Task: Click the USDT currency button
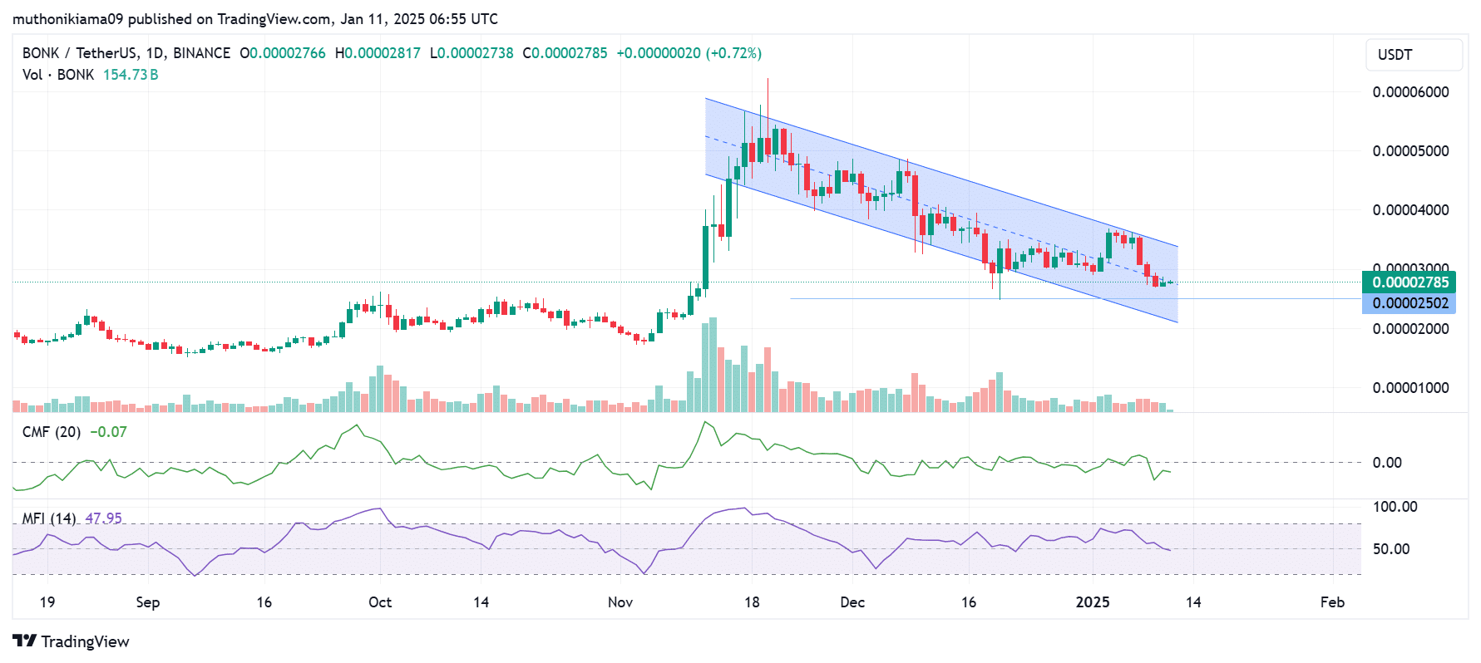click(x=1414, y=55)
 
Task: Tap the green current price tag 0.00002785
click(x=1409, y=282)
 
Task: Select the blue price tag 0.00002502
click(x=1409, y=303)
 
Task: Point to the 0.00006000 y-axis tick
click(x=1410, y=92)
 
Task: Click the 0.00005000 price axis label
click(x=1410, y=151)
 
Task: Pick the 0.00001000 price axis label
click(x=1410, y=388)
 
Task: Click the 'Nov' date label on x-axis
click(x=620, y=602)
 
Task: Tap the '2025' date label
click(x=1093, y=602)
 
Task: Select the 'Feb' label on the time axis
click(x=1332, y=602)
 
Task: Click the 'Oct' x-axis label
click(x=380, y=602)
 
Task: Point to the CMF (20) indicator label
click(x=52, y=432)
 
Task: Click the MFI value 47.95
click(x=103, y=518)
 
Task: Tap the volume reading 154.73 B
click(x=131, y=75)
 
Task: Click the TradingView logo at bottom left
click(x=72, y=641)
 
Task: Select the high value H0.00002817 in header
click(x=378, y=53)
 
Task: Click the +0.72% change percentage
click(x=733, y=53)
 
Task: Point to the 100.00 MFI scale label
click(x=1395, y=507)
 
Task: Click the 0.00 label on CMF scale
click(x=1387, y=463)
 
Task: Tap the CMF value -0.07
click(x=108, y=432)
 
